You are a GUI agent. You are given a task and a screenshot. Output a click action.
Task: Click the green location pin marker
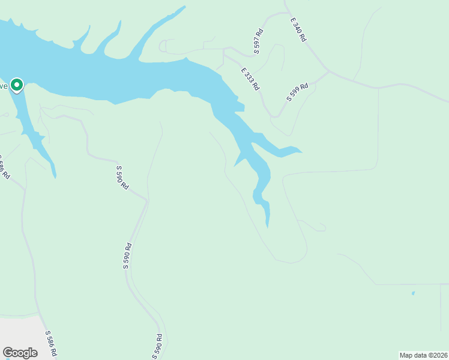17,86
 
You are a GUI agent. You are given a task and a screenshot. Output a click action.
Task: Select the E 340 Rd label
298,29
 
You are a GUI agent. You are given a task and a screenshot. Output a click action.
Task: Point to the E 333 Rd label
250,79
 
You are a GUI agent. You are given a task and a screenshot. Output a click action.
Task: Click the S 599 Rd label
297,92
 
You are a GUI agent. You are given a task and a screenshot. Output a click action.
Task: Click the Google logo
20,353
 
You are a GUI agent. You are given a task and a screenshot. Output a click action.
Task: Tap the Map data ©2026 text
423,355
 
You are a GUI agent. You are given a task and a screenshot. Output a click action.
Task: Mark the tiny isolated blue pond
413,293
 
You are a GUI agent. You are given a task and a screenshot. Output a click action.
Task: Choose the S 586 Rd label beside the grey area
52,342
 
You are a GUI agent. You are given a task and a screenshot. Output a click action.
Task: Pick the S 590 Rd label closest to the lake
122,178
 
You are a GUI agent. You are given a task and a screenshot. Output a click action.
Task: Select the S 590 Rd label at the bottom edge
157,346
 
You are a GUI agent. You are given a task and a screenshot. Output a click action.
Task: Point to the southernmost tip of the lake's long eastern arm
267,226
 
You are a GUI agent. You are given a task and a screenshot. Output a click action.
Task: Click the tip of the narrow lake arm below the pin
55,177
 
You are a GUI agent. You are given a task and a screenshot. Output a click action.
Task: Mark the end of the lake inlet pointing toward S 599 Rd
301,151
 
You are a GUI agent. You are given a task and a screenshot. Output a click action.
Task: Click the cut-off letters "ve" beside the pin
4,86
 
